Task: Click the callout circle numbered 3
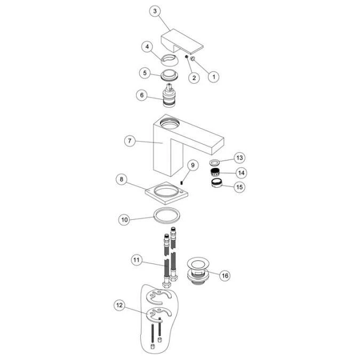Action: [x=155, y=11]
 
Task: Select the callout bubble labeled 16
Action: [x=225, y=275]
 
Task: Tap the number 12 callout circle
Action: [x=119, y=305]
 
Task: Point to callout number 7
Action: [x=130, y=140]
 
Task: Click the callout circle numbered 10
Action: [x=124, y=220]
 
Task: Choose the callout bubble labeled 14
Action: [x=241, y=173]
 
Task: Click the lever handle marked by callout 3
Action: [x=182, y=41]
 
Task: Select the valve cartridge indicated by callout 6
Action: [x=169, y=95]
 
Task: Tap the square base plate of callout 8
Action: [x=167, y=193]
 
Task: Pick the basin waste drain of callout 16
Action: [x=198, y=271]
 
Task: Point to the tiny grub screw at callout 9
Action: [x=181, y=182]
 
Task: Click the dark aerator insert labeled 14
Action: [x=214, y=172]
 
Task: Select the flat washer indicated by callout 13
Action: [x=214, y=163]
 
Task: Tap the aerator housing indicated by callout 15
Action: [x=217, y=183]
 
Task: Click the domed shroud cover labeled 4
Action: [x=169, y=60]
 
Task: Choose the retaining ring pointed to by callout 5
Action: [x=170, y=76]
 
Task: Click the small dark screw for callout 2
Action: [x=187, y=57]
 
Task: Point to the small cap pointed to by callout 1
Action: [x=193, y=59]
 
